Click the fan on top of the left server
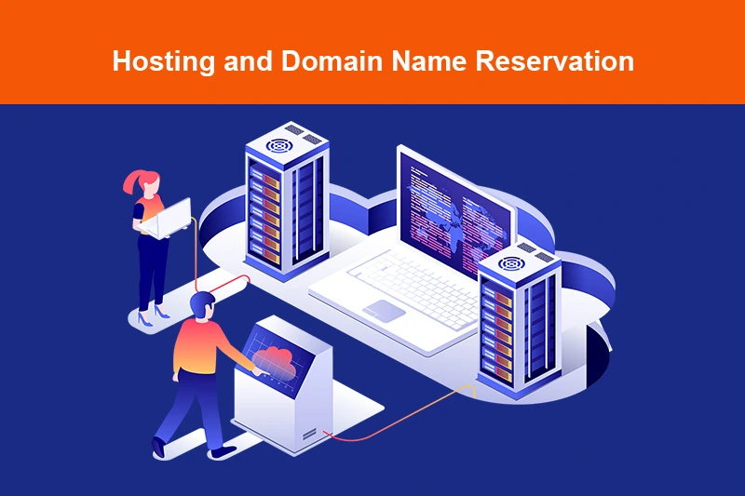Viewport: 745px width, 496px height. [279, 145]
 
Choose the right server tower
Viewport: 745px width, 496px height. [517, 321]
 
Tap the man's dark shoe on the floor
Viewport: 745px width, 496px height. [222, 451]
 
